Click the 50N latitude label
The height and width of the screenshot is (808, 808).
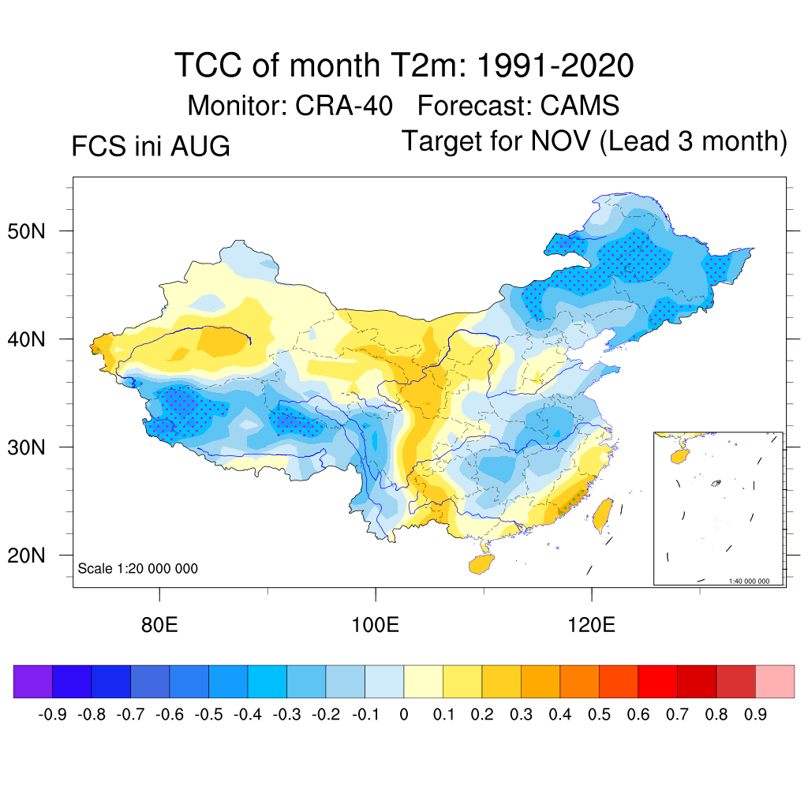coord(26,232)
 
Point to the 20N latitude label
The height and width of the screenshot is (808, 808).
coord(26,555)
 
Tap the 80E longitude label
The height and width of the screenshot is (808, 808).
coord(159,625)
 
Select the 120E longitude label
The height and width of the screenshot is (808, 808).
coord(591,625)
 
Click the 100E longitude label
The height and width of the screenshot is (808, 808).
coord(375,625)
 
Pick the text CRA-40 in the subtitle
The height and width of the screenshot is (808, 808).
coord(344,106)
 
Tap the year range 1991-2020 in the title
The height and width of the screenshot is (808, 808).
coord(555,65)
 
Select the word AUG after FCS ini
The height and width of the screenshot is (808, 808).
coord(200,146)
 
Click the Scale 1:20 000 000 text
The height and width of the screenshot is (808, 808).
coord(137,568)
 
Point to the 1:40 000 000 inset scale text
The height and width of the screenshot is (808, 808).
coord(749,582)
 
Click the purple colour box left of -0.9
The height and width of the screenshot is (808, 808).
coord(33,681)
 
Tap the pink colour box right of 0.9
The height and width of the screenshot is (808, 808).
coord(775,681)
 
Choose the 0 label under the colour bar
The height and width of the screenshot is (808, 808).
coord(404,714)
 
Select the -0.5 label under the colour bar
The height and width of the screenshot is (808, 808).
coord(208,714)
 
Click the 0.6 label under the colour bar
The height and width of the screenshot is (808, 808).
coord(638,714)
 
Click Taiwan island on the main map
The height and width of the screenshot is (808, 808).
coord(602,514)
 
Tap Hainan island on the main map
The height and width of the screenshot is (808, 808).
coord(481,564)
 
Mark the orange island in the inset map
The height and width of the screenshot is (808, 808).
coord(680,456)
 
